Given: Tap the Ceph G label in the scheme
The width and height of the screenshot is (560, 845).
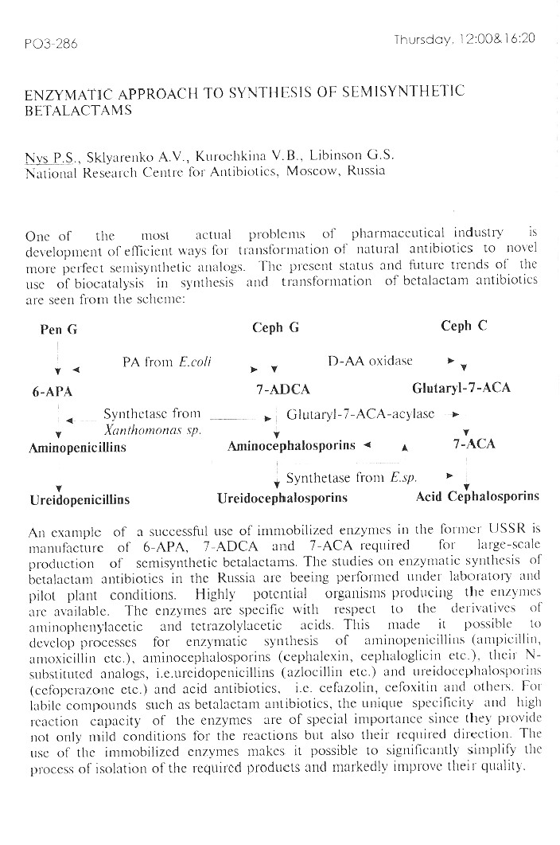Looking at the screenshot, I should (x=275, y=327).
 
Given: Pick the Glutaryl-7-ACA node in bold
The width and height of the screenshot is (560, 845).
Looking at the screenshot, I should (x=461, y=389).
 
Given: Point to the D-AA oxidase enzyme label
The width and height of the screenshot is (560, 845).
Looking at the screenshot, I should (x=370, y=361).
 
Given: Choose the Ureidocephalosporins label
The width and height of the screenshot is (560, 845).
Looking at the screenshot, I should (x=282, y=499).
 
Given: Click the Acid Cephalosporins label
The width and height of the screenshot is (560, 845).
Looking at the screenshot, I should (x=477, y=497).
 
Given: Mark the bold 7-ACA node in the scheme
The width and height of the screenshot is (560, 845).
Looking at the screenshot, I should (x=473, y=444).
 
